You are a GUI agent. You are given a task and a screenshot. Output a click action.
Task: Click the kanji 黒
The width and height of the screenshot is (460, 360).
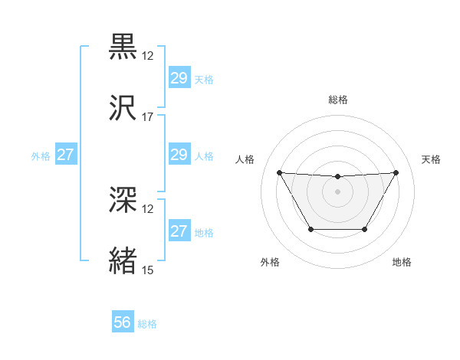123,47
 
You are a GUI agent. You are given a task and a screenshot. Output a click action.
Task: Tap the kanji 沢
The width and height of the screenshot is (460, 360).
123,108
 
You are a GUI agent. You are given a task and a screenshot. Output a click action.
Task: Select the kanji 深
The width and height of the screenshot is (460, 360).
123,201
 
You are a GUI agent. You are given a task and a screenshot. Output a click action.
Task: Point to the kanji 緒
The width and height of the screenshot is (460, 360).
123,261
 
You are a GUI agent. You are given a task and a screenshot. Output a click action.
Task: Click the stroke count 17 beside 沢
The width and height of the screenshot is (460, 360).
148,117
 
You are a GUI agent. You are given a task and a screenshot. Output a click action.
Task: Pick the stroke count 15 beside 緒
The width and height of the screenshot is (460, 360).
148,270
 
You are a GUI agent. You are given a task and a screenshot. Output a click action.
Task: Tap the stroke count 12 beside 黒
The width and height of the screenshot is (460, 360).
148,56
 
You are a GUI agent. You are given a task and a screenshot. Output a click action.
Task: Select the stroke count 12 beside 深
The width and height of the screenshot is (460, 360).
148,209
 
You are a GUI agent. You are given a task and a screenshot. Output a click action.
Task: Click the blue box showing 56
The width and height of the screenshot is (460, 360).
123,322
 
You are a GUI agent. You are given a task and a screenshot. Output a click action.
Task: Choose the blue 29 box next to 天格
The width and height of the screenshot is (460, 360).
179,78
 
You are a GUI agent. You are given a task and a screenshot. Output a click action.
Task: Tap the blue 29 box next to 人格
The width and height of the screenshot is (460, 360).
179,155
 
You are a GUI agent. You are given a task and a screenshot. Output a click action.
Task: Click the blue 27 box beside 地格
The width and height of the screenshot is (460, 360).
179,231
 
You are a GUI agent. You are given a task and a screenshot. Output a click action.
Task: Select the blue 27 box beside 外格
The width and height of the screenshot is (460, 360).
65,155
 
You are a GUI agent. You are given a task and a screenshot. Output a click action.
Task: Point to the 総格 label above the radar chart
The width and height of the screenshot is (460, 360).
337,100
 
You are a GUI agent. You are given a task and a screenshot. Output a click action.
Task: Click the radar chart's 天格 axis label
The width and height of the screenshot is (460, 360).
431,159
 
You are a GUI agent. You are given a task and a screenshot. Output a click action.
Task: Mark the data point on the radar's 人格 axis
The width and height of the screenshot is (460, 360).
280,172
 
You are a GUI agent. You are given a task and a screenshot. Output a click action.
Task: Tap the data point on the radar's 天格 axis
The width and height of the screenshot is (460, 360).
396,172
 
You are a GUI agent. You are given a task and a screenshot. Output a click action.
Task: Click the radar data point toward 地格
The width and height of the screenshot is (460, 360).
365,229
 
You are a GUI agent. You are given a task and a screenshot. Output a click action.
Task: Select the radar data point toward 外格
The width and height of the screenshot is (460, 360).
310,229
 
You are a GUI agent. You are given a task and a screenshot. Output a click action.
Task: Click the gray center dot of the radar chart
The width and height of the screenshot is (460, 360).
337,191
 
